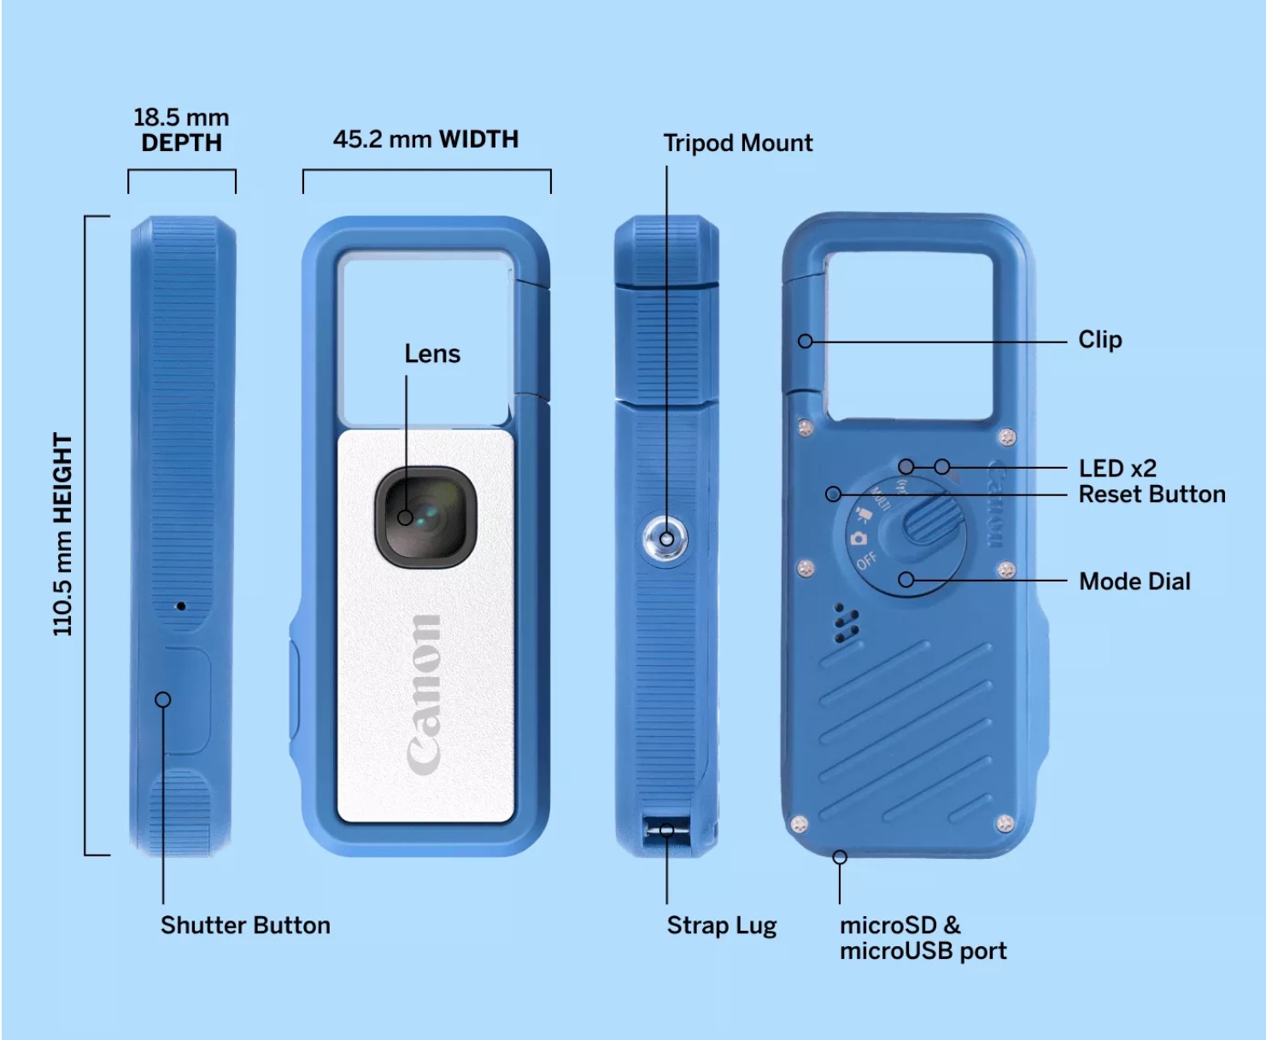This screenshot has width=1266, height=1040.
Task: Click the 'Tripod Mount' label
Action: pyautogui.click(x=737, y=143)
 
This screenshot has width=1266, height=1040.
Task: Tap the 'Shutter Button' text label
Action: pyautogui.click(x=245, y=925)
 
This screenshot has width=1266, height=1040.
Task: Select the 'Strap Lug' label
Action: pyautogui.click(x=721, y=926)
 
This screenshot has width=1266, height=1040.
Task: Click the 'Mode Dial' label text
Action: pyautogui.click(x=1134, y=581)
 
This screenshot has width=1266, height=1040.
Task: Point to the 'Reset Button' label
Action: pyautogui.click(x=1152, y=494)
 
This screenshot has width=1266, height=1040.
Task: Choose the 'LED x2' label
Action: pyautogui.click(x=1117, y=468)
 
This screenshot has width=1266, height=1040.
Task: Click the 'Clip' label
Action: pyautogui.click(x=1099, y=340)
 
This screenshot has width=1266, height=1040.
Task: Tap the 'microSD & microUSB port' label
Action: pyautogui.click(x=923, y=938)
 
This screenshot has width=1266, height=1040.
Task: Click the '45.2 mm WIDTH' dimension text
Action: pyautogui.click(x=425, y=139)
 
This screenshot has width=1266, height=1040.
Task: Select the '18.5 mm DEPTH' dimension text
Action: pyautogui.click(x=181, y=130)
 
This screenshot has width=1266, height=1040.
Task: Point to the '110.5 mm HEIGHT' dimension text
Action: pyautogui.click(x=63, y=535)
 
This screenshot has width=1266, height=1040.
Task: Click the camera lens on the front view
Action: pyautogui.click(x=425, y=516)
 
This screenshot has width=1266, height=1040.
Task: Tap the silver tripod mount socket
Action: pyautogui.click(x=666, y=539)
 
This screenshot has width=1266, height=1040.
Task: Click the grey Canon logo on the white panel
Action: pyautogui.click(x=425, y=694)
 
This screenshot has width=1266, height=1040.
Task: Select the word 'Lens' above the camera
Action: pyautogui.click(x=432, y=353)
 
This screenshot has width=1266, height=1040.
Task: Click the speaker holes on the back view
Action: pyautogui.click(x=845, y=625)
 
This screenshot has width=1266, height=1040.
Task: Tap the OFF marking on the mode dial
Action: pyautogui.click(x=866, y=560)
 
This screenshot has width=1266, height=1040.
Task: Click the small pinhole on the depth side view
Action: pyautogui.click(x=181, y=606)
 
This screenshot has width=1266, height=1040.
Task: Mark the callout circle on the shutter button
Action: pyautogui.click(x=163, y=700)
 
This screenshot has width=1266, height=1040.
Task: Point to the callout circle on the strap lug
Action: pyautogui.click(x=667, y=830)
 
